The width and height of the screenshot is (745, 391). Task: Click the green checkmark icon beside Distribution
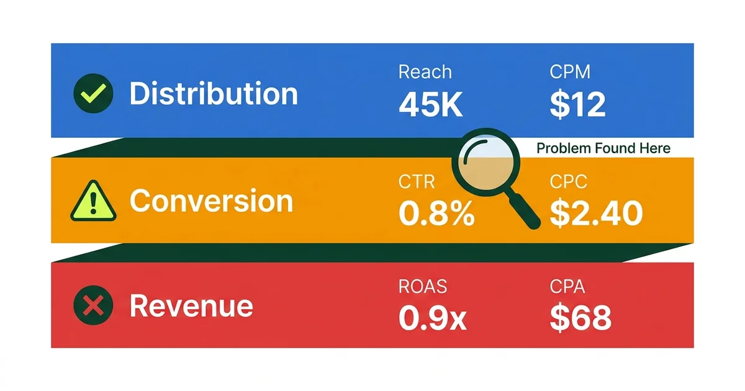point(94,94)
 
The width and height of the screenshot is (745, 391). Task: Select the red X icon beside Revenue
point(94,306)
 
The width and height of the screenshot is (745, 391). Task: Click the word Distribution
point(213,94)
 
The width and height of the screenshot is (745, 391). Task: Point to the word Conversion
point(211,201)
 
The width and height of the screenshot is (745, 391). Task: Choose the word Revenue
point(191,307)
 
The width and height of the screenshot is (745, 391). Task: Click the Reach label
point(425,72)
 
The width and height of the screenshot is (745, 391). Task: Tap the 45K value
point(430,105)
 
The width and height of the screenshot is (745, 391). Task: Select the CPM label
point(571,72)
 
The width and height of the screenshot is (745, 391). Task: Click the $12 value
point(577,105)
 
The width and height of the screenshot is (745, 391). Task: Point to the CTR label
point(416,181)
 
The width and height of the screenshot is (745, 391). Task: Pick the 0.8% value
point(436,214)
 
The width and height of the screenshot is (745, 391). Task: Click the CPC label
point(569,181)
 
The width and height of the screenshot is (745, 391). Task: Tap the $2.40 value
point(596,214)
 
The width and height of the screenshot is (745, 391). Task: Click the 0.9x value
point(432,318)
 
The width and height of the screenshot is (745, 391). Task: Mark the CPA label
point(568,286)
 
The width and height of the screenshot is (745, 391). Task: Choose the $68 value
point(580,318)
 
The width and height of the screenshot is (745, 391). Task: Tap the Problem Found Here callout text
point(603,148)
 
